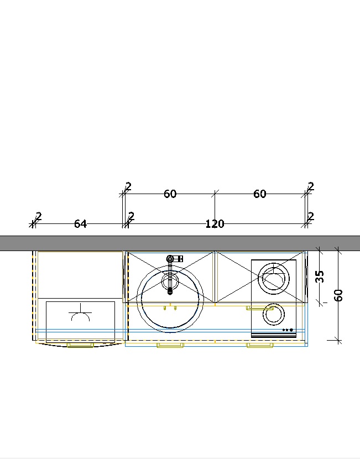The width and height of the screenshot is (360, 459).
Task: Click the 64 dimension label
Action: [81, 224]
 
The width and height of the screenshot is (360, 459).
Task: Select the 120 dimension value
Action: [215, 224]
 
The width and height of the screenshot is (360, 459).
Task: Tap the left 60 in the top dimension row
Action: [170, 194]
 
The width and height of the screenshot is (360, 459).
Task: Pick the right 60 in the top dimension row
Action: [259, 194]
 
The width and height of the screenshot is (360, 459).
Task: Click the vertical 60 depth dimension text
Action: [338, 295]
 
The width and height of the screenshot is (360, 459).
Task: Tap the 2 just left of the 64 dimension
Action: [38, 217]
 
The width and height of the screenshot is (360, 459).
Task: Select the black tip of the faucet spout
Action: [170, 291]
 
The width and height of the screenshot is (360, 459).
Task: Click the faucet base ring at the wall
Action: [170, 259]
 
